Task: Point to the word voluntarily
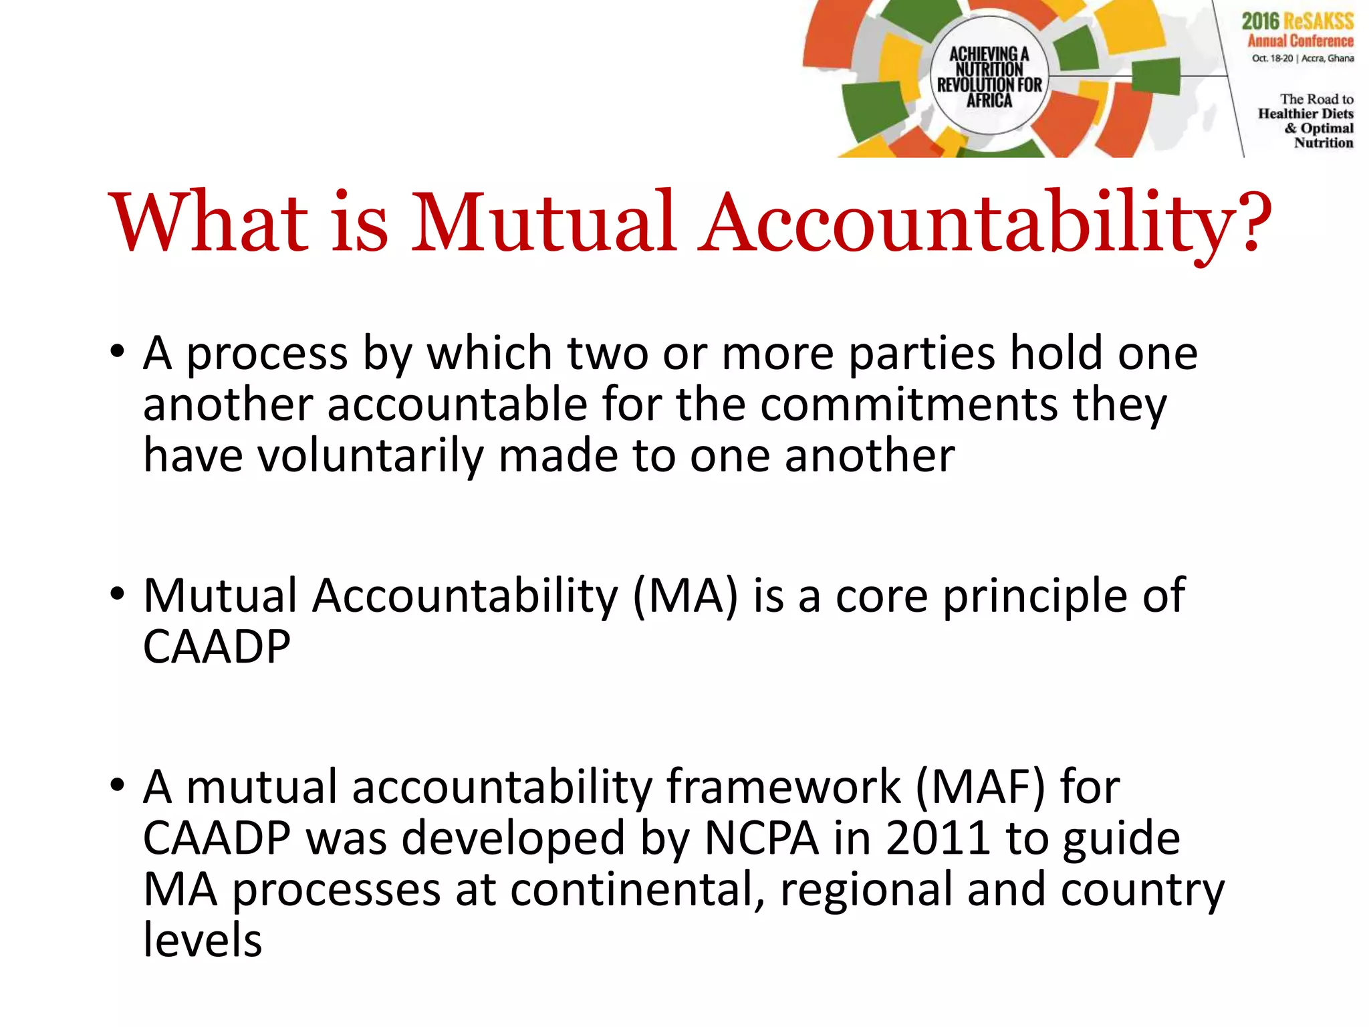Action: (370, 456)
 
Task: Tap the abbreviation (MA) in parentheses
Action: (685, 596)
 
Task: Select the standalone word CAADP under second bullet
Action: (217, 647)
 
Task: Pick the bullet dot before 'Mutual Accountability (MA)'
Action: (118, 593)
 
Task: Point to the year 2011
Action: (937, 838)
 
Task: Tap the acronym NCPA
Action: (761, 838)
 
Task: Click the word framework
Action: (783, 787)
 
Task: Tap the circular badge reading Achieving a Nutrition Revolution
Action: (989, 76)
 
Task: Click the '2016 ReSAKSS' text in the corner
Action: (1297, 21)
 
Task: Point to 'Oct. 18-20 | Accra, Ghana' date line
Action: (1302, 59)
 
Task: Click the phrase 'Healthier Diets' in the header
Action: (1305, 114)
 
